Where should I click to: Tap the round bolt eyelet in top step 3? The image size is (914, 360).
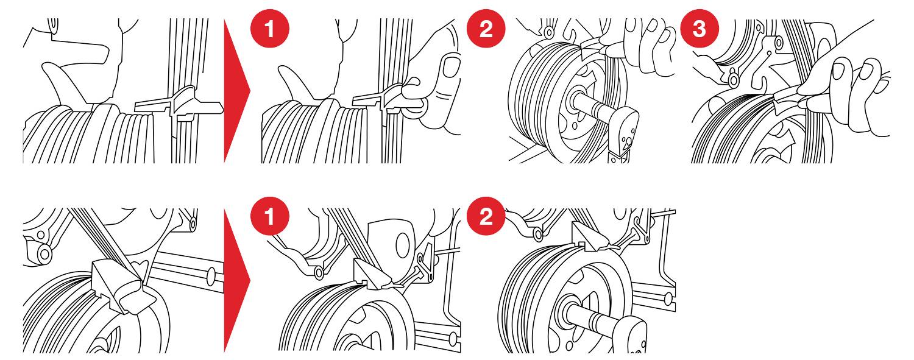pyautogui.click(x=733, y=79)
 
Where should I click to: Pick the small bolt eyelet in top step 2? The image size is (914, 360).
pyautogui.click(x=550, y=31)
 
